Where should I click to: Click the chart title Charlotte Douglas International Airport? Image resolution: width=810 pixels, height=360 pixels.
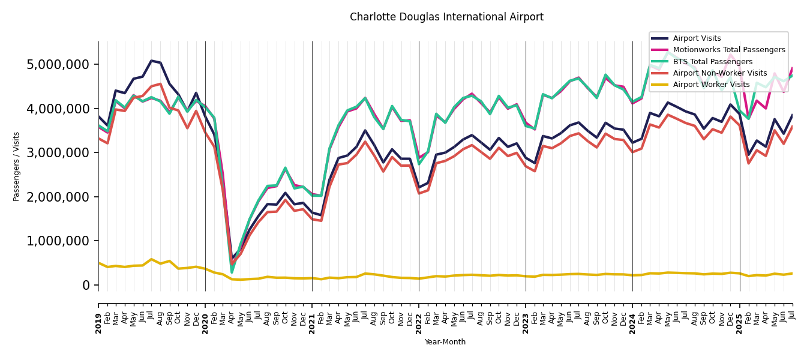coord(446,17)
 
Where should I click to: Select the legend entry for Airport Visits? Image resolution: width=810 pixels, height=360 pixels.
coord(697,38)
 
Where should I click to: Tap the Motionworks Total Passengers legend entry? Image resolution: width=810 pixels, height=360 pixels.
coord(728,50)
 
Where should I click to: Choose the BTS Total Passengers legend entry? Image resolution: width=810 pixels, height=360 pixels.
coord(712,62)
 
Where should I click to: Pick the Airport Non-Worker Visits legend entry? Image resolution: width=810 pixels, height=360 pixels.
coord(719,73)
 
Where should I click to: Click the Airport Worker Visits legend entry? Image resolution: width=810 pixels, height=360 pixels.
coord(711,85)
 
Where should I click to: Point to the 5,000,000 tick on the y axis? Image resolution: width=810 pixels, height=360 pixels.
coord(58,64)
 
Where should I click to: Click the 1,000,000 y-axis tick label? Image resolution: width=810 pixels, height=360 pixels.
coord(58,241)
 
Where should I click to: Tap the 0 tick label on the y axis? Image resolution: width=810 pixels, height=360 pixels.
coord(86,285)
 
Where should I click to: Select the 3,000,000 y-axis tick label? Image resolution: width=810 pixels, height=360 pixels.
coord(58,152)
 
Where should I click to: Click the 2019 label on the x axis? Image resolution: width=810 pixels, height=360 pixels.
coord(98,323)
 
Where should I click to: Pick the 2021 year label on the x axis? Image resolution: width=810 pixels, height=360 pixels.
coord(312,323)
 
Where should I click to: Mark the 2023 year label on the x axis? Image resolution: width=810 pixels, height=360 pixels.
coord(526,323)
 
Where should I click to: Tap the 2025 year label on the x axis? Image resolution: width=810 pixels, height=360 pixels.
coord(739,323)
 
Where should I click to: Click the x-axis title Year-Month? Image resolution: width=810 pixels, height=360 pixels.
coord(445,342)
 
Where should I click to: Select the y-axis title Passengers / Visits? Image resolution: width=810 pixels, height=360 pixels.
coord(17,166)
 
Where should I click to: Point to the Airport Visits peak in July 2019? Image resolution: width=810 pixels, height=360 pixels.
coord(152,61)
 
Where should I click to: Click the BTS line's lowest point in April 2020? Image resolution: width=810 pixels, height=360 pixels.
coord(232,273)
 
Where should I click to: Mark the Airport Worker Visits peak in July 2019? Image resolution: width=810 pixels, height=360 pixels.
coord(152,259)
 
